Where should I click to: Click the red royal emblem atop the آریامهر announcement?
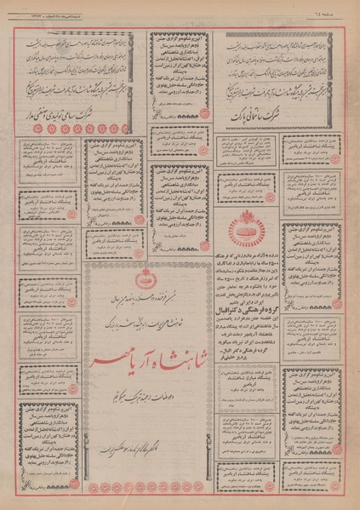click(143, 282)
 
